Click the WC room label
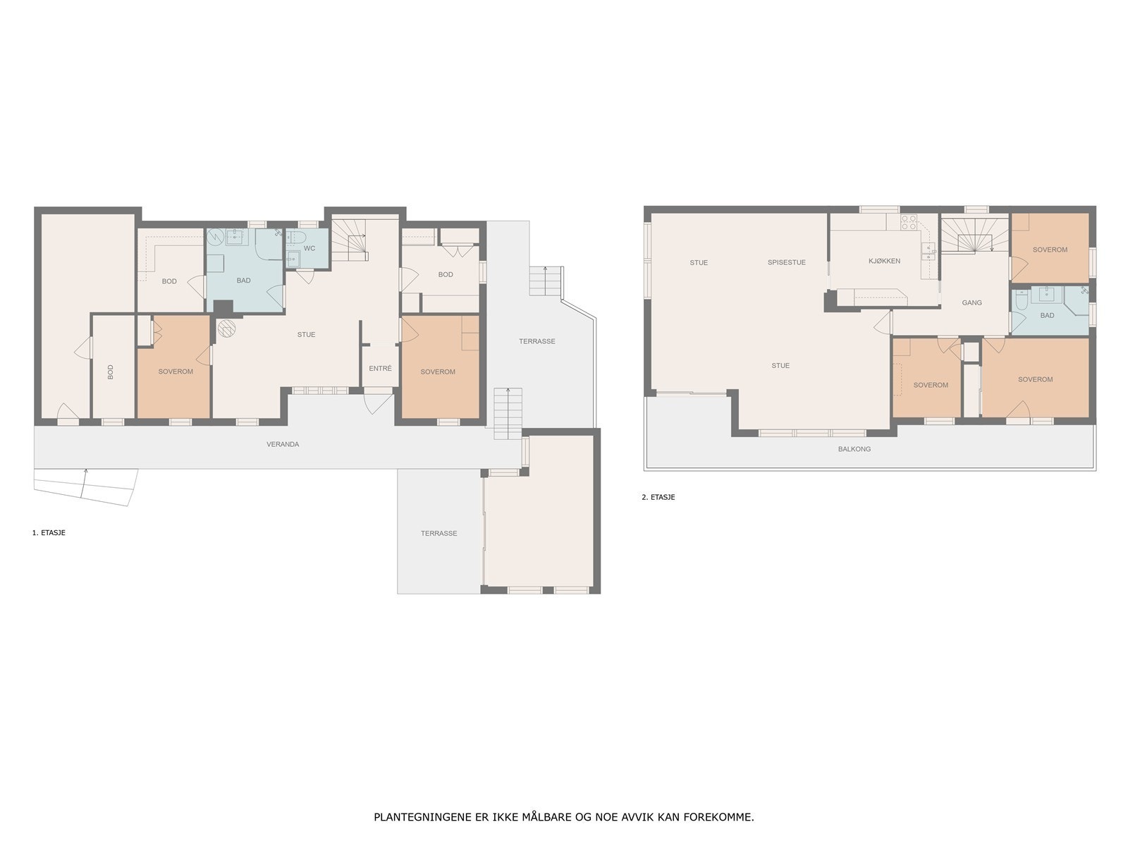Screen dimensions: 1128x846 (x=309, y=249)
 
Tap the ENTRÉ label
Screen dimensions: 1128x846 (x=380, y=368)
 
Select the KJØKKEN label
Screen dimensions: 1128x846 (x=884, y=261)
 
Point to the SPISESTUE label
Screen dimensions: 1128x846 (x=786, y=262)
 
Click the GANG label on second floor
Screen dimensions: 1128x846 (x=971, y=303)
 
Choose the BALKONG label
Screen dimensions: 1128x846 (x=854, y=449)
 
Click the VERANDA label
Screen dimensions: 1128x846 (x=283, y=444)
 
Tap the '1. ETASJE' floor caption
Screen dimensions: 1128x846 (x=49, y=533)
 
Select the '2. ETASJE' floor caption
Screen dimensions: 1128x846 (x=658, y=497)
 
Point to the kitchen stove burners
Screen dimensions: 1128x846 (x=909, y=222)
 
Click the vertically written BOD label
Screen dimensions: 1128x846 (x=110, y=372)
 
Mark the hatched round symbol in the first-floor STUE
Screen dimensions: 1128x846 (x=226, y=329)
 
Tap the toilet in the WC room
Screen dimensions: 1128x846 (x=297, y=237)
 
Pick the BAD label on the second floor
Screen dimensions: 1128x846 (x=1047, y=316)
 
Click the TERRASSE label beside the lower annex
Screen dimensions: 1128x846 (x=439, y=533)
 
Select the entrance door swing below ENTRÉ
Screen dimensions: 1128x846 (x=377, y=402)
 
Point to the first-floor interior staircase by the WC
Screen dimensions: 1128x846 (x=349, y=240)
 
